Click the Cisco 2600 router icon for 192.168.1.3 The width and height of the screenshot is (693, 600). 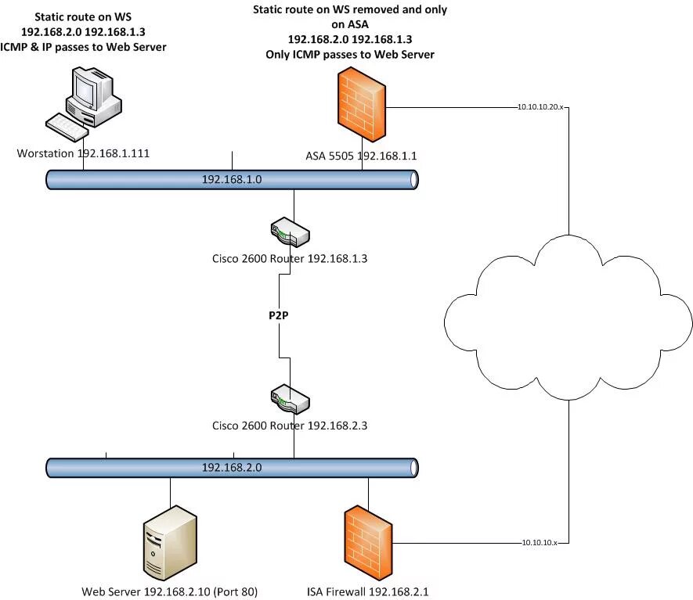coord(289,232)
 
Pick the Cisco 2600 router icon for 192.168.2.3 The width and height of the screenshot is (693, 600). coord(289,399)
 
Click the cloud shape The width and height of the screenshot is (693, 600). coord(567,318)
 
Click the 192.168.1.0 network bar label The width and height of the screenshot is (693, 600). coord(231,179)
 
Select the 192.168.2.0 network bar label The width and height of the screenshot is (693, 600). coord(231,467)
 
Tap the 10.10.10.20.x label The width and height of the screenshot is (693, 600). coord(540,106)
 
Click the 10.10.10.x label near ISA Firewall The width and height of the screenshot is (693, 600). coord(540,541)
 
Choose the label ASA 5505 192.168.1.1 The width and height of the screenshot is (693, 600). coord(361,156)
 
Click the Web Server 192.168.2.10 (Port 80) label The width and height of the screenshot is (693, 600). coord(169,591)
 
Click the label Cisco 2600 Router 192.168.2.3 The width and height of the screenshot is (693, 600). coord(289,426)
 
